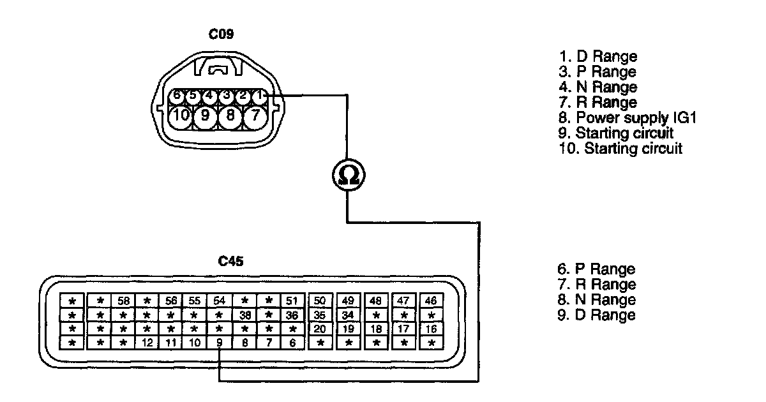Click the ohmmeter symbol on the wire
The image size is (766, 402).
[347, 174]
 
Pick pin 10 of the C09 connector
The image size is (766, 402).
[182, 116]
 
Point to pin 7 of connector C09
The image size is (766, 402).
[255, 116]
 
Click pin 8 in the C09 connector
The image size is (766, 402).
[230, 116]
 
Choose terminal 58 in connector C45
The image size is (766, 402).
[123, 301]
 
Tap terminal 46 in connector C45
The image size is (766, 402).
[431, 301]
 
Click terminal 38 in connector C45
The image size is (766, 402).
[244, 315]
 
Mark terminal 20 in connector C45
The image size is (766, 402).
[320, 329]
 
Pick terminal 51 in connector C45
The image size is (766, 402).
[292, 301]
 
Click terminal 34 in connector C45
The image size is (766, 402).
[348, 315]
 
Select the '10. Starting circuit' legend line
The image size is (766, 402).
[620, 149]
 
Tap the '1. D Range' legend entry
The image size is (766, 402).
[597, 56]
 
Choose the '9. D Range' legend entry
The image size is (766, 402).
[596, 315]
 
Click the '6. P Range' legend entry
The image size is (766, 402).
[596, 269]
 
